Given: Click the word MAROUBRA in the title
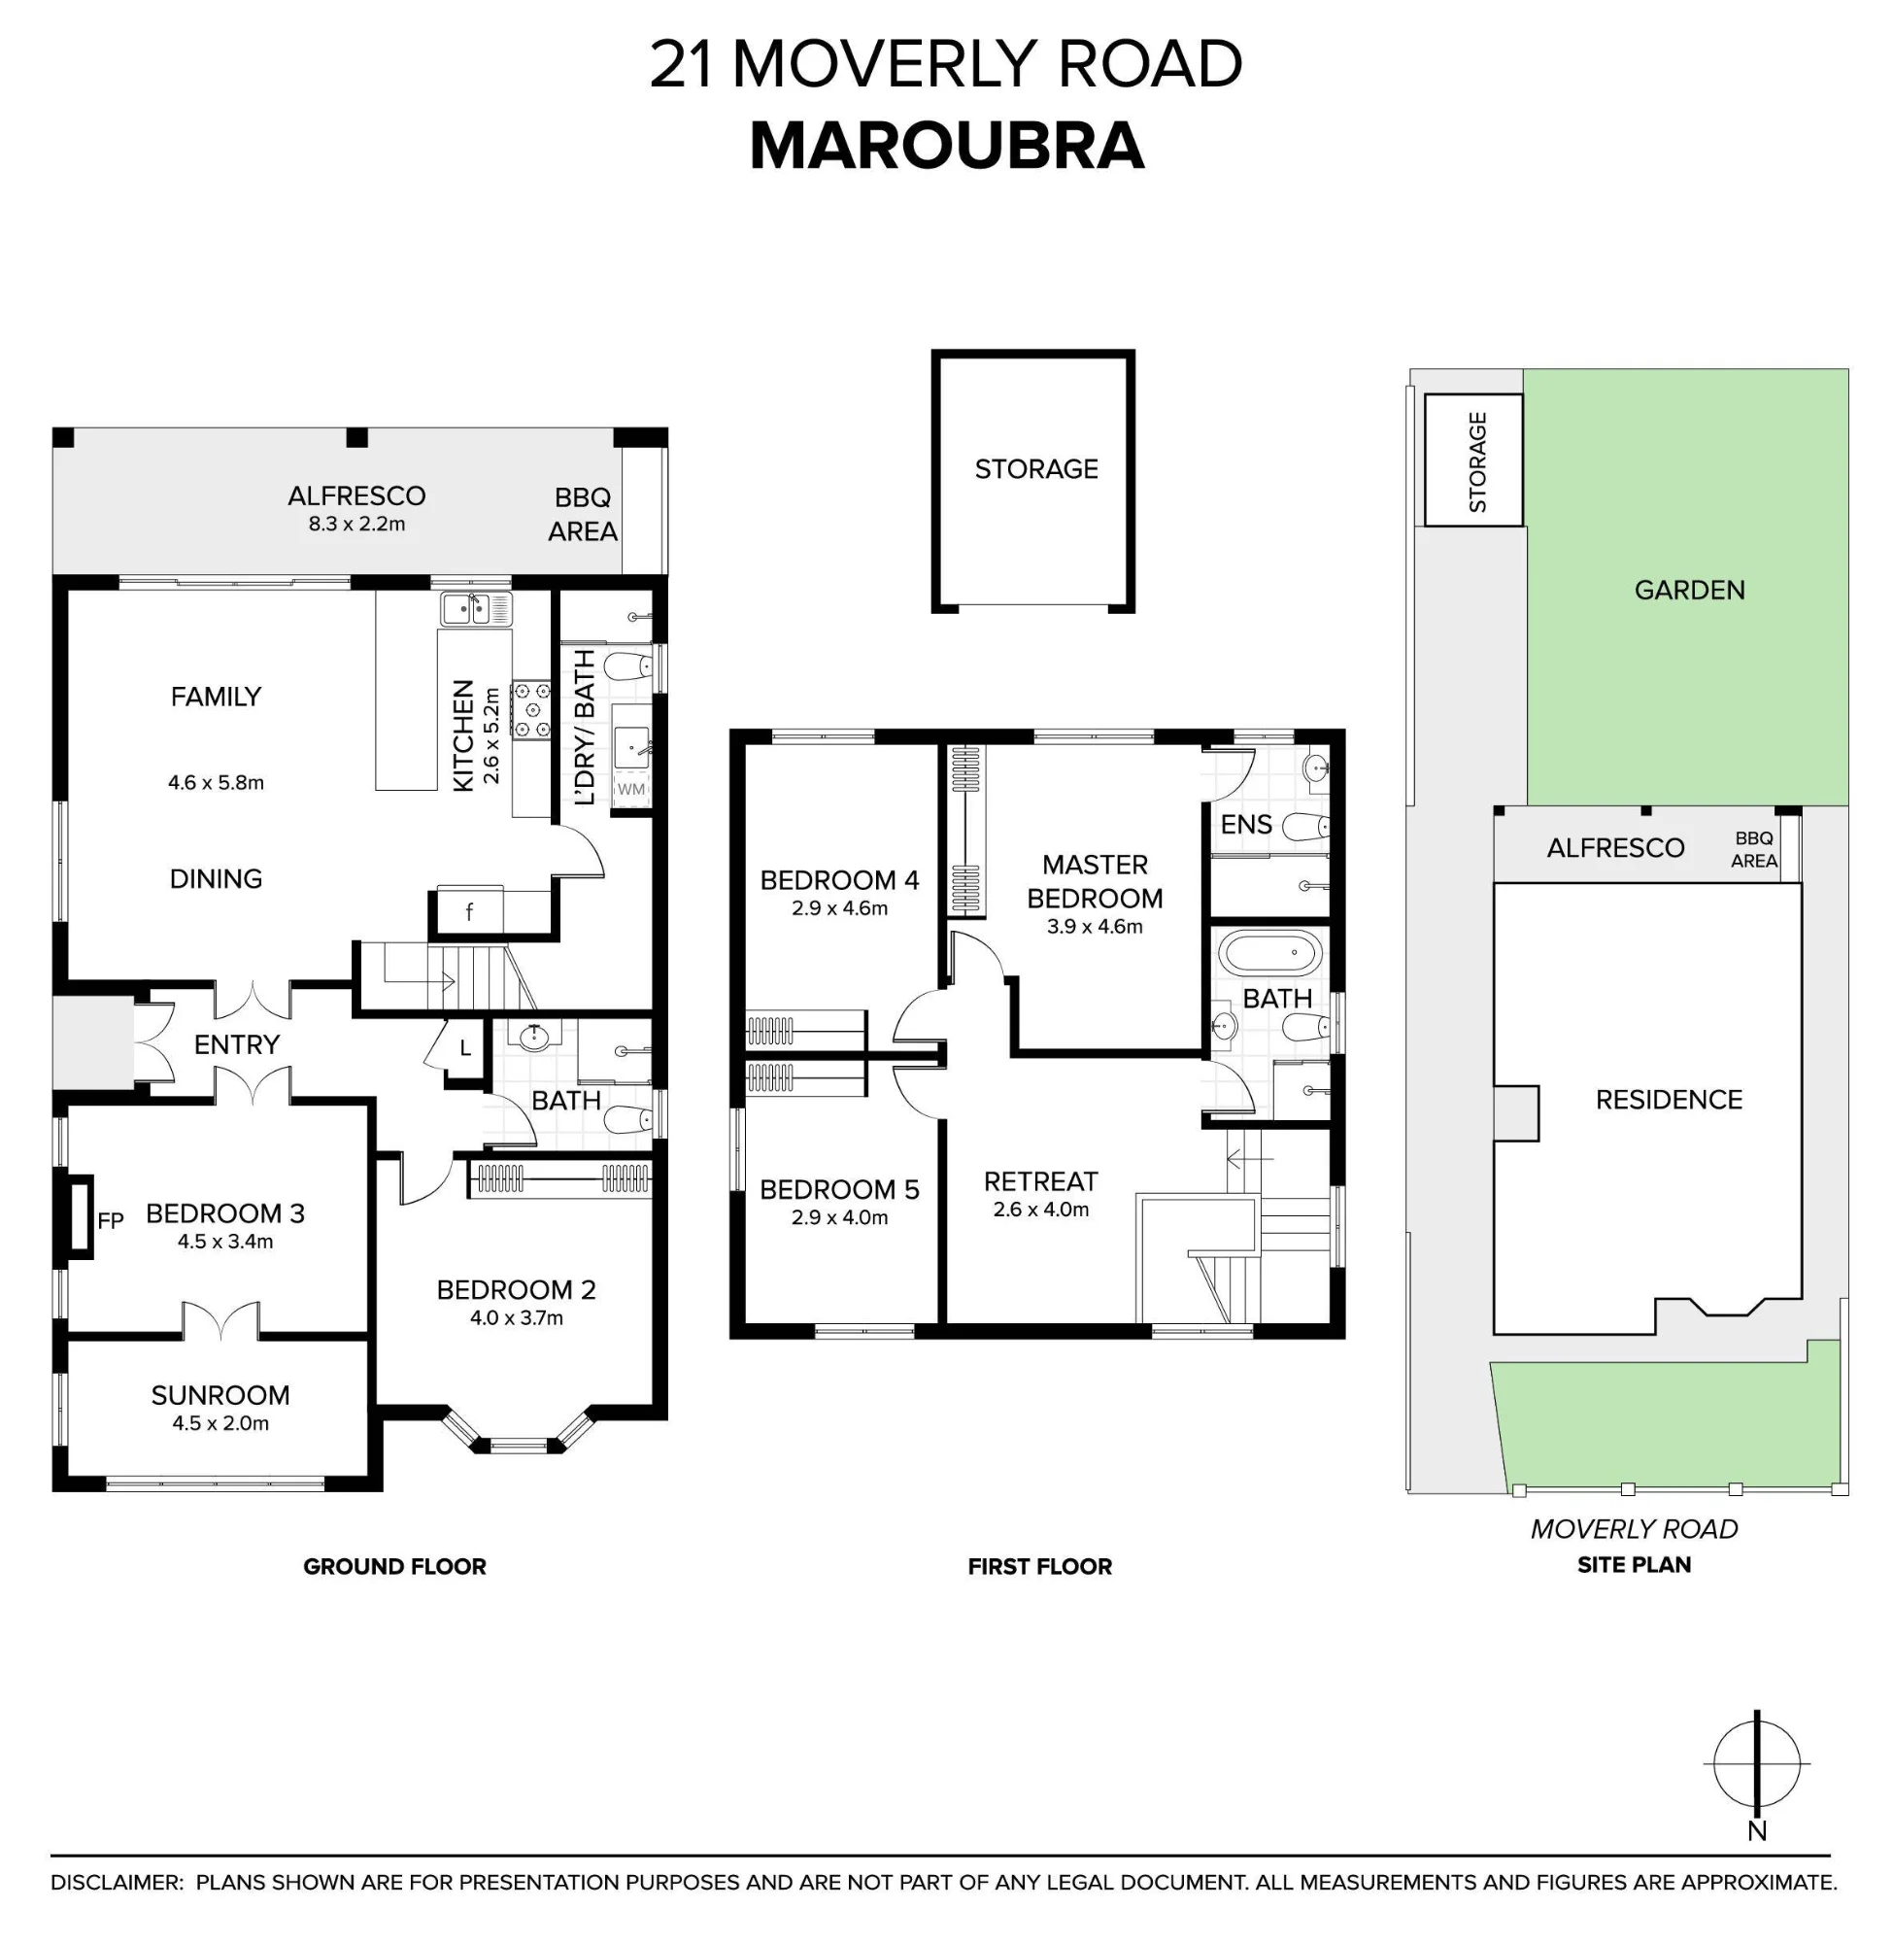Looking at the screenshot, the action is tap(946, 146).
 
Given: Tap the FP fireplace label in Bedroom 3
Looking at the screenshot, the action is tap(111, 1220).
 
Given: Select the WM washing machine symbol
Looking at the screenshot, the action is tap(631, 789).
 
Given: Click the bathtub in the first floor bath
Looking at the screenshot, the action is tap(1271, 953).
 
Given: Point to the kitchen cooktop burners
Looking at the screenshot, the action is tap(531, 709).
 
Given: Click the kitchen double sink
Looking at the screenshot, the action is tap(476, 608).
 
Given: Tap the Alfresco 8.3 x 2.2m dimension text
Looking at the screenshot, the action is tap(356, 524).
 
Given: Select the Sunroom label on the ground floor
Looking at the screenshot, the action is tap(220, 1395).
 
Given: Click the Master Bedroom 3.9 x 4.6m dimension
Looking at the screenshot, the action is tap(1095, 927).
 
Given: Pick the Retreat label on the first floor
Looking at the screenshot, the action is tap(1041, 1181).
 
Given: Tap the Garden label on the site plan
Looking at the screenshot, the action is tap(1689, 590).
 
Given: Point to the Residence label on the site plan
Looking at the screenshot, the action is tap(1670, 1099).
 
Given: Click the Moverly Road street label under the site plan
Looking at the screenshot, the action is tap(1634, 1528).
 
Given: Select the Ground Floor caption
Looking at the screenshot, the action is tap(394, 1566).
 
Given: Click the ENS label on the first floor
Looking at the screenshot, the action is tap(1246, 825).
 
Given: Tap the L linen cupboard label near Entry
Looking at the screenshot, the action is tap(465, 1048).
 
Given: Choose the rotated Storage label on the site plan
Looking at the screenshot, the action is tap(1477, 462).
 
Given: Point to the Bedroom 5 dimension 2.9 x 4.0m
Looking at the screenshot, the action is tap(840, 1217).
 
